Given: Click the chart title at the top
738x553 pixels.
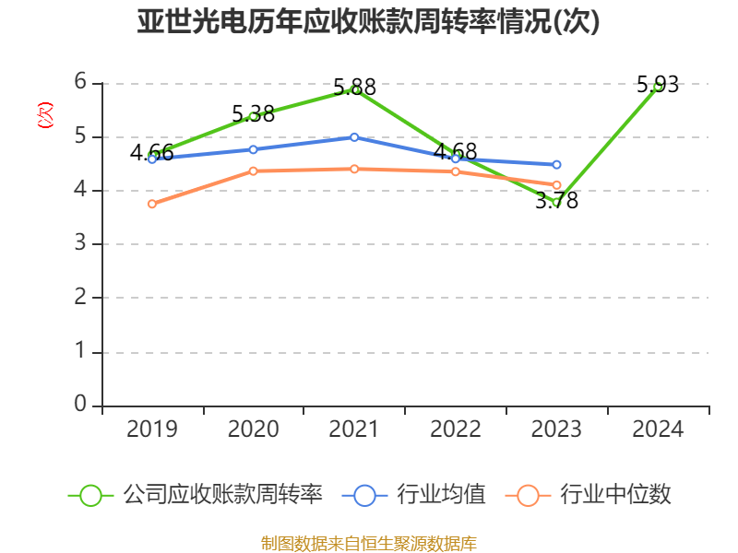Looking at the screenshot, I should click(x=368, y=22).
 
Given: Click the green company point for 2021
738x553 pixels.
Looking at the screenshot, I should click(x=355, y=89).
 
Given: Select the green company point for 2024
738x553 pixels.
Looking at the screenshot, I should click(x=658, y=87).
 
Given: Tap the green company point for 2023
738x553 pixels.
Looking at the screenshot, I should click(x=556, y=202).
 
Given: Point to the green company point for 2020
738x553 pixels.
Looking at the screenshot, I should click(x=254, y=116).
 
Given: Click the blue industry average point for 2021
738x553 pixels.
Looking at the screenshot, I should click(x=355, y=137).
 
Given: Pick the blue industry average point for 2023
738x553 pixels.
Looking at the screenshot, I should click(x=557, y=165).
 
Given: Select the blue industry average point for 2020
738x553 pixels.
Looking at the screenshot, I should click(x=254, y=149).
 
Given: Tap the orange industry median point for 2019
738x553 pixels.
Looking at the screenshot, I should click(x=152, y=205).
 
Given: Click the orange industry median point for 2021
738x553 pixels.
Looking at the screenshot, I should click(x=355, y=169).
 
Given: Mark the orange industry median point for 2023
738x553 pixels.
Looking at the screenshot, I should click(x=557, y=185).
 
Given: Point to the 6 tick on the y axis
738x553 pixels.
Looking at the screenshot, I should click(x=81, y=82).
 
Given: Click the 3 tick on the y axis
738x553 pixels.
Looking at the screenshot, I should click(x=81, y=244).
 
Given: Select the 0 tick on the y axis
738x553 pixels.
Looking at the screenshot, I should click(x=81, y=405).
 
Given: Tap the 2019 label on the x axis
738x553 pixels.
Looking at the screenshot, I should click(x=152, y=429).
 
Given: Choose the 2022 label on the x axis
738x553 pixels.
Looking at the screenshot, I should click(x=456, y=429).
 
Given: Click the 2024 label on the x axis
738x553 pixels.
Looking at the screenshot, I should click(x=658, y=429).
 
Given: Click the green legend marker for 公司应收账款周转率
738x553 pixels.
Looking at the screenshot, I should click(x=90, y=495).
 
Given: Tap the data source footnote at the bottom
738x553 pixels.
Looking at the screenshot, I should click(x=368, y=543).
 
